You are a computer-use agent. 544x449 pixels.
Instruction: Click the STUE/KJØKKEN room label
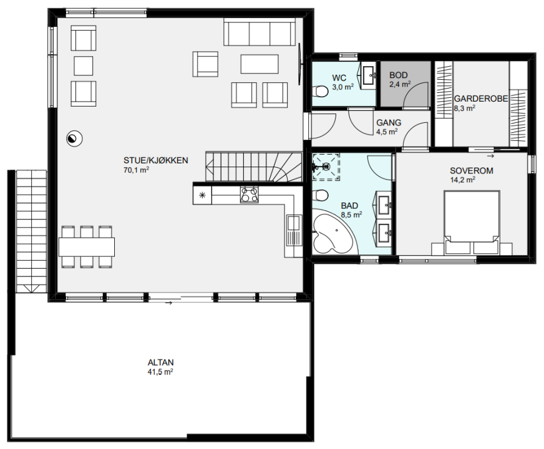pos(156,160)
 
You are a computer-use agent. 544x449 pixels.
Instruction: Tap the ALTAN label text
pos(160,363)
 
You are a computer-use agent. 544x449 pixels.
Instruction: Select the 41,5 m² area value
pos(160,372)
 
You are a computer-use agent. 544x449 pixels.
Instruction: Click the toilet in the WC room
pos(320,92)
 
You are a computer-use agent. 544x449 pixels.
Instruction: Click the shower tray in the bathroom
pos(326,167)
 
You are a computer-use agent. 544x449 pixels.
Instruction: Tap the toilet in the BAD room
pos(320,196)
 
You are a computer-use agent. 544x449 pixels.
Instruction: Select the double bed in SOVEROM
pos(472,222)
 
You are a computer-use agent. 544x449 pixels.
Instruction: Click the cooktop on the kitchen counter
pos(249,195)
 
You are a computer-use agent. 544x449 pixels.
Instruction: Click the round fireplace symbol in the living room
pos(74,138)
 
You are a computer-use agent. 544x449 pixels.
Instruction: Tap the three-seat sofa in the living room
pos(260,32)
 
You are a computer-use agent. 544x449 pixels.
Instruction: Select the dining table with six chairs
pos(87,246)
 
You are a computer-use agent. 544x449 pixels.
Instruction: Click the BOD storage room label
pos(398,75)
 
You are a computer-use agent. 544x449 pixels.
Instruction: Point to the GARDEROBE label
pos(481,99)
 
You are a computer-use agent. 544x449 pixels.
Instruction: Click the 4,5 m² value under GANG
pos(387,132)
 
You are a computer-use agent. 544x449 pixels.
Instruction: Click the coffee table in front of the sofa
pos(260,64)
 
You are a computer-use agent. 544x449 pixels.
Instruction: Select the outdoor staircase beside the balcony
pos(31,231)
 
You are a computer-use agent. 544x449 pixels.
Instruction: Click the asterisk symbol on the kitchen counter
pos(202,195)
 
